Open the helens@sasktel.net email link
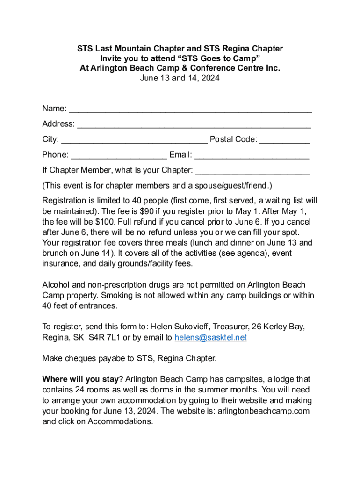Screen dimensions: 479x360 point(210,338)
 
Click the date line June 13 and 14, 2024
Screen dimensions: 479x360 point(180,78)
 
